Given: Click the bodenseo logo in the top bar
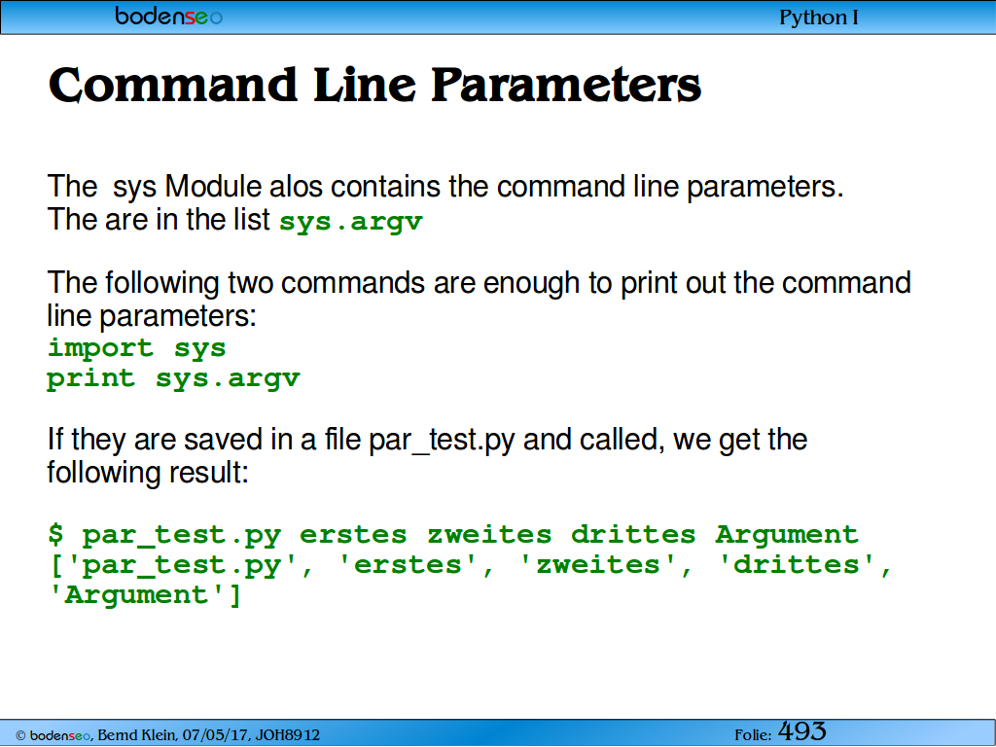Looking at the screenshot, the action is click(168, 16).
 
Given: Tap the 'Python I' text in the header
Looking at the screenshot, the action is click(818, 18).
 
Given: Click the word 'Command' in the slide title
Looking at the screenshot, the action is click(173, 86).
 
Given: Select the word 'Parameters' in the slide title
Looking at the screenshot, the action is click(566, 86).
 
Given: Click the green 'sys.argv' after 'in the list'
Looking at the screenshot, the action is click(350, 222).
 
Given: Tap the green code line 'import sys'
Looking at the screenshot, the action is click(136, 347).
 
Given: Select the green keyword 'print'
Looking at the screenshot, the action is click(90, 379).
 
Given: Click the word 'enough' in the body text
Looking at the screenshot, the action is click(531, 283).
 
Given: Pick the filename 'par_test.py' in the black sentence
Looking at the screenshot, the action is click(442, 441).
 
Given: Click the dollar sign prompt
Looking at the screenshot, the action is click(55, 534).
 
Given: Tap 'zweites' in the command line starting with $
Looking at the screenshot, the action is click(489, 535).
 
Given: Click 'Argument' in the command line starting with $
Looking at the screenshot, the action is click(787, 535).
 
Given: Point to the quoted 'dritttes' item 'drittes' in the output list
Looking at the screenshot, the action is click(797, 564).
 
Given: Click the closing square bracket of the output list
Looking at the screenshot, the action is click(235, 595).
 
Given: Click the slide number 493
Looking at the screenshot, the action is click(802, 731).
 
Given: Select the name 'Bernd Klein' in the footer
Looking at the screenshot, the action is click(136, 735).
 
